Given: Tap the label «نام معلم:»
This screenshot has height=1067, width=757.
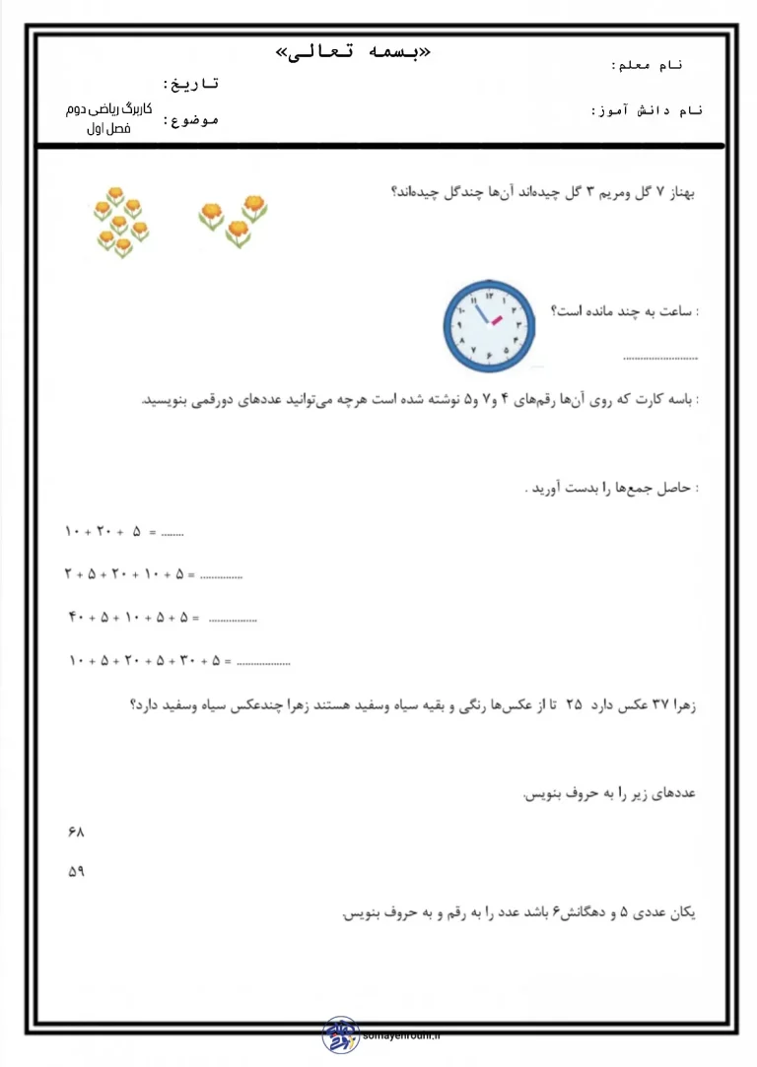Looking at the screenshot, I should click(x=647, y=65).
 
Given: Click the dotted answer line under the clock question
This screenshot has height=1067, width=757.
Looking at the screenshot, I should click(x=660, y=359).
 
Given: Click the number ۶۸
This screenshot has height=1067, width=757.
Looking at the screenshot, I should click(x=77, y=833).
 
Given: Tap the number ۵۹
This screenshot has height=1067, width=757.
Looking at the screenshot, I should click(x=77, y=873).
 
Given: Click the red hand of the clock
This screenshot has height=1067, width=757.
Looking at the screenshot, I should click(x=496, y=321).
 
